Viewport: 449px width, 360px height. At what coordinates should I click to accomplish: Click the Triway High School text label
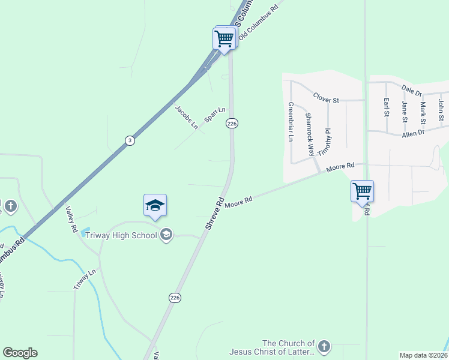pyautogui.click(x=121, y=235)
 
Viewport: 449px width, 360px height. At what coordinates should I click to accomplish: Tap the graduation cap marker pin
pyautogui.click(x=155, y=206)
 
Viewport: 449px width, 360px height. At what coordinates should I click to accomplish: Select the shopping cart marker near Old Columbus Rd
pyautogui.click(x=224, y=39)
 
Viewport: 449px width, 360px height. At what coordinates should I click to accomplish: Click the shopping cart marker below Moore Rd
pyautogui.click(x=362, y=191)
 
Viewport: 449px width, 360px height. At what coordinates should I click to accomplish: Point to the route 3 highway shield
pyautogui.click(x=129, y=140)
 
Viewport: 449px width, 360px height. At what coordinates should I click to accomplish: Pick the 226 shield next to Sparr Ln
pyautogui.click(x=232, y=123)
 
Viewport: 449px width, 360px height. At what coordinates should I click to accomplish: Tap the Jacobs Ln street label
pyautogui.click(x=186, y=117)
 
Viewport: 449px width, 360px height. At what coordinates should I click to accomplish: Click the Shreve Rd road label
pyautogui.click(x=214, y=213)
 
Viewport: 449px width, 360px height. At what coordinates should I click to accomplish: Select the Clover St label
pyautogui.click(x=327, y=97)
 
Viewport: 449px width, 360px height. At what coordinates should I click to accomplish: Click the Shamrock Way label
pyautogui.click(x=310, y=134)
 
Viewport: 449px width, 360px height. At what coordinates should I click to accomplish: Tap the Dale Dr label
pyautogui.click(x=412, y=90)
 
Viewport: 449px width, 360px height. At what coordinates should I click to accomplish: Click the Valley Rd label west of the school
pyautogui.click(x=71, y=220)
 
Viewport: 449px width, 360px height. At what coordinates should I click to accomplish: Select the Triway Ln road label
pyautogui.click(x=85, y=280)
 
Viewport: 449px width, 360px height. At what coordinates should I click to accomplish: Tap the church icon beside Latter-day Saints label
pyautogui.click(x=324, y=346)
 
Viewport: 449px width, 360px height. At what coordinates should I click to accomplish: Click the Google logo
pyautogui.click(x=20, y=353)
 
